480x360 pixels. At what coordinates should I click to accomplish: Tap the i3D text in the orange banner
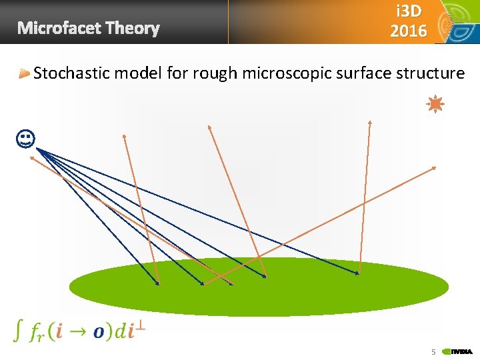408,12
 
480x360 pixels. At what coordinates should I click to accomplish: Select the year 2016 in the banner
408,31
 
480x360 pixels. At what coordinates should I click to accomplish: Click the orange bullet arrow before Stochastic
25,73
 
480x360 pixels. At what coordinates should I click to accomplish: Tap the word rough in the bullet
215,73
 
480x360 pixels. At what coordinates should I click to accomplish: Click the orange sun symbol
435,104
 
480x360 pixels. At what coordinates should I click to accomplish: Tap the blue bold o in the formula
99,332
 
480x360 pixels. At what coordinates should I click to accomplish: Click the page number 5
433,351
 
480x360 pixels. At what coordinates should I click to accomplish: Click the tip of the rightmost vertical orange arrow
369,123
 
